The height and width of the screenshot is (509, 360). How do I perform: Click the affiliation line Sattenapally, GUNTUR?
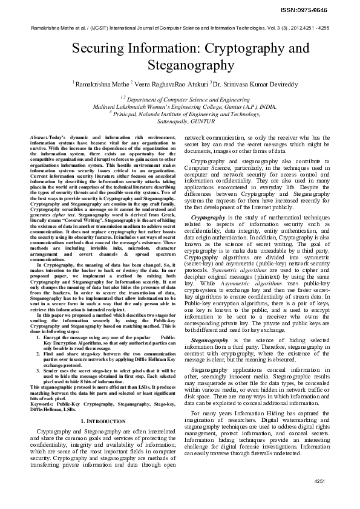[x=180, y=121]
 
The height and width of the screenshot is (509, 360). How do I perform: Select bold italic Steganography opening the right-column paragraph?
[x=211, y=341]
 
